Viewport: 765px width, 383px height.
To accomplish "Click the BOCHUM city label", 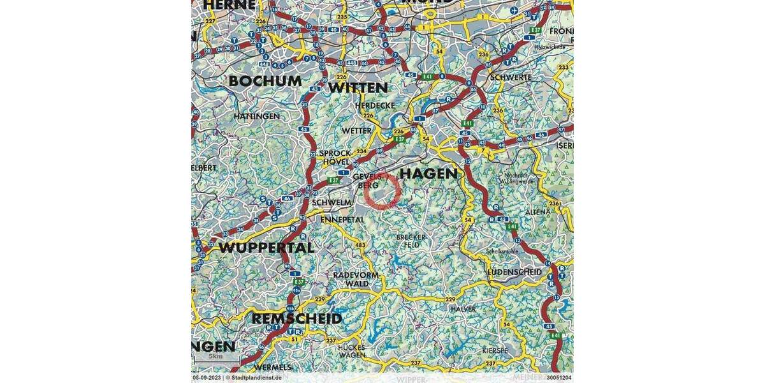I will click(x=265, y=81).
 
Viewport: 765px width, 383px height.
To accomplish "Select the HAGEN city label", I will click(x=428, y=174).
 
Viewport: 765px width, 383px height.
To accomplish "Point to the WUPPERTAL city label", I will click(x=266, y=248).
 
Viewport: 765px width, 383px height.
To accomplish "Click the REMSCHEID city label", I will click(x=297, y=318).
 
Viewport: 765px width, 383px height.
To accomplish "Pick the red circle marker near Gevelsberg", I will click(x=383, y=190).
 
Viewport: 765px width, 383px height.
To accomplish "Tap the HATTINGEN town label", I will click(x=256, y=116).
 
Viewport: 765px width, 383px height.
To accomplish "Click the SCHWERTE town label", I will click(x=511, y=77).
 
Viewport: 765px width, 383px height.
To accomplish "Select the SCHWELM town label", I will click(x=332, y=202).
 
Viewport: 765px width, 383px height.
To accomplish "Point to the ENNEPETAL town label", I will click(x=342, y=220).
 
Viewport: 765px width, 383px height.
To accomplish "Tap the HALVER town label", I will click(x=463, y=309).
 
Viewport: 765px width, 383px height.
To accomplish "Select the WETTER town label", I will click(x=356, y=130).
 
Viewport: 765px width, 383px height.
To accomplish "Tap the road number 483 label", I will click(x=360, y=245).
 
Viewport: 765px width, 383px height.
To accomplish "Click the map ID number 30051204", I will click(x=558, y=378).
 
